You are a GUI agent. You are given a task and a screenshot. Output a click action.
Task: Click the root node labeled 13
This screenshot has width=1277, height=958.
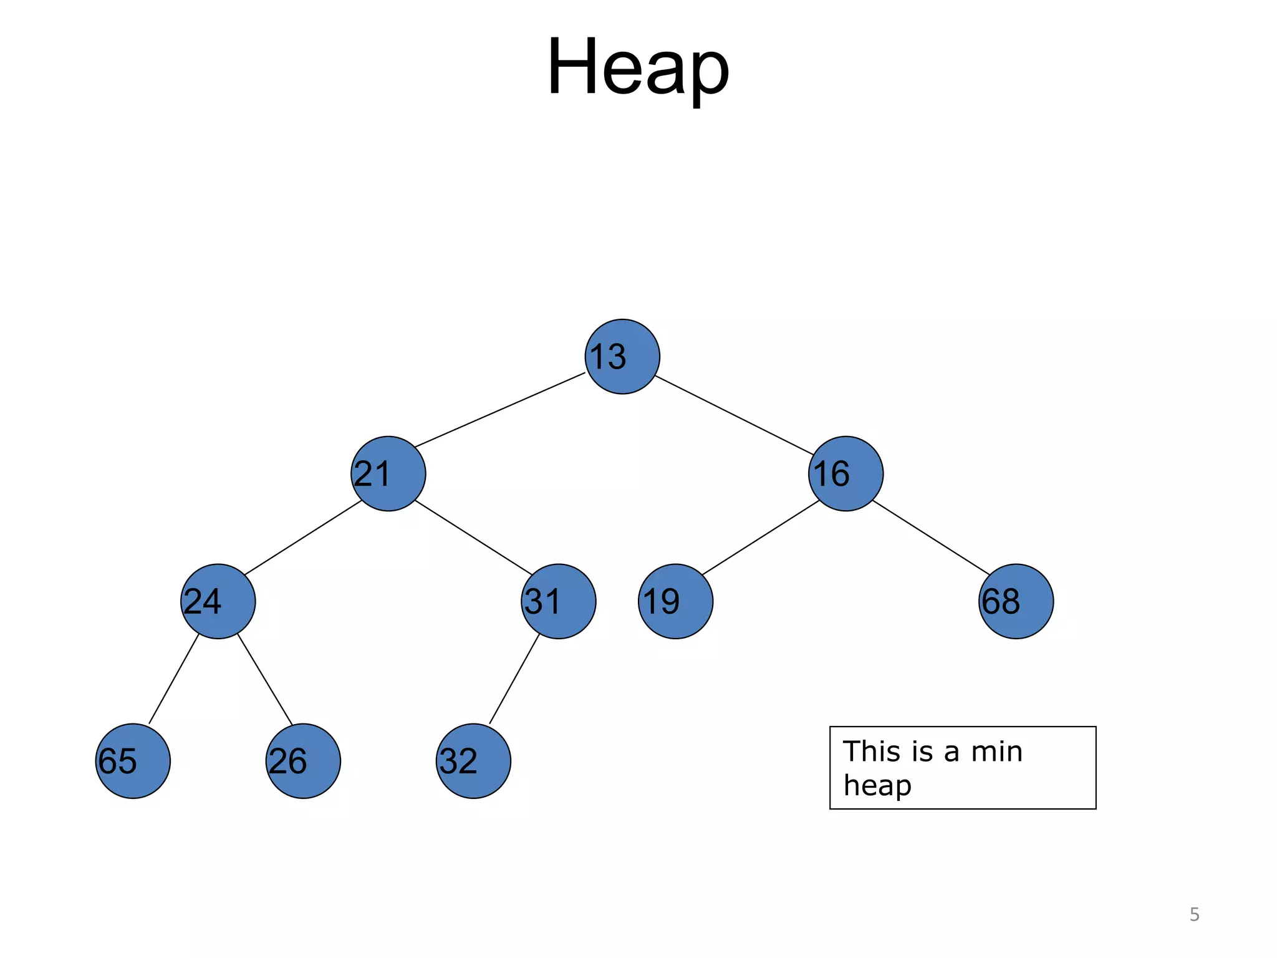pos(622,357)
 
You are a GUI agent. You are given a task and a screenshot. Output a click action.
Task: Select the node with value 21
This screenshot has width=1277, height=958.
pos(388,474)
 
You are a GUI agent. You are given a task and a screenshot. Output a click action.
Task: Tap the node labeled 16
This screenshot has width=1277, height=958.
pos(846,474)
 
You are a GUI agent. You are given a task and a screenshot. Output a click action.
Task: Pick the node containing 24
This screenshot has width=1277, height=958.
pos(218,601)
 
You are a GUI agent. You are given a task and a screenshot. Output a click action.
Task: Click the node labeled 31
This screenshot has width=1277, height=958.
pos(559,601)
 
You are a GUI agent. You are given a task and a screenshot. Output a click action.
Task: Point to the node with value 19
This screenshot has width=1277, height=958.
pos(675,601)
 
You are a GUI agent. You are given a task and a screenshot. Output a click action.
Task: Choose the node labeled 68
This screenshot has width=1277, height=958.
pos(1016,601)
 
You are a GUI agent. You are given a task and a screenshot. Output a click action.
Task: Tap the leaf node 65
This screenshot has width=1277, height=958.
pos(133,761)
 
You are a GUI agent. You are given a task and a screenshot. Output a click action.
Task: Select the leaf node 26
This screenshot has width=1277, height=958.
pos(303,761)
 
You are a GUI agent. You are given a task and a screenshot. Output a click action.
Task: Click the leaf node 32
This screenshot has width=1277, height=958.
pos(473,761)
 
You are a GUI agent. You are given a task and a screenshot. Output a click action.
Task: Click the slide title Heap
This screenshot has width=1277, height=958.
pos(638,67)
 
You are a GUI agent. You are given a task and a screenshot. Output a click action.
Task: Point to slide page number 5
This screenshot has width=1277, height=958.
pos(1194,914)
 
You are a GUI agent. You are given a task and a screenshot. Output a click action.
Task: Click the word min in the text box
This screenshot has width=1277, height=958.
pos(996,752)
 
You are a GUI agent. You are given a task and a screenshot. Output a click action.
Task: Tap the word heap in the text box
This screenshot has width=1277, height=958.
pos(877,786)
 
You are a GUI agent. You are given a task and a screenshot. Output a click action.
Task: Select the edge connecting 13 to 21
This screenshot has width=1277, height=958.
pos(500,410)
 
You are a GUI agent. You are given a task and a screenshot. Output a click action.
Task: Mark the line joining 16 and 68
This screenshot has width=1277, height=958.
pos(931,538)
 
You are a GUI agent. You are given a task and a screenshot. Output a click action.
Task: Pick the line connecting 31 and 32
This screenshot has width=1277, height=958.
pos(514,679)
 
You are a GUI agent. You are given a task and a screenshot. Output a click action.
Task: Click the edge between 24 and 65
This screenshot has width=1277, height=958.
pos(174,679)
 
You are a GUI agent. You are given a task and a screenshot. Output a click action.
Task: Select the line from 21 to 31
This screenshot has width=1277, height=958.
pos(473,537)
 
